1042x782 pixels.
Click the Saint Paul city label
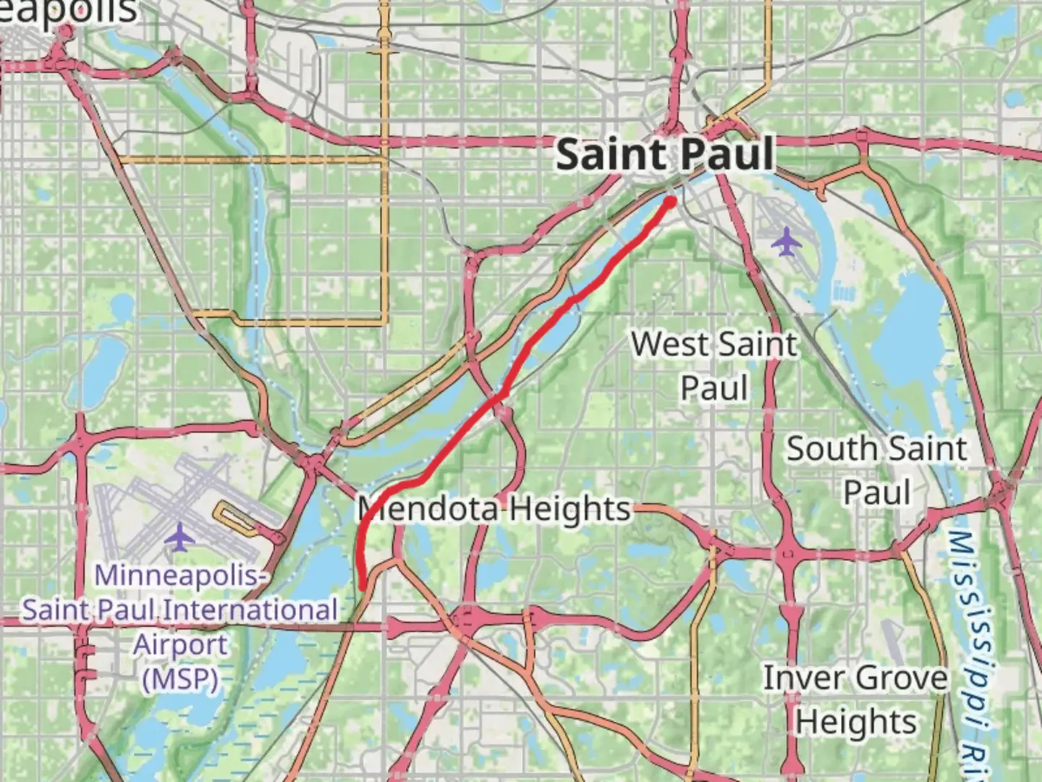664,155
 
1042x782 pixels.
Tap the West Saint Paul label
715,366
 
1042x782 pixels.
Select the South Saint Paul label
876,470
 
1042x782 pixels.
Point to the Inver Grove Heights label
855,699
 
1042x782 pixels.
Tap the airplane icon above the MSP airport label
179,538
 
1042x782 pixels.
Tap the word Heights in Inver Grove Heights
856,722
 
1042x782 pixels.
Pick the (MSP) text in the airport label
180,679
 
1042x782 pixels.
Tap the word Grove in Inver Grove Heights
899,678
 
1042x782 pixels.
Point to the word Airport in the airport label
180,644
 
